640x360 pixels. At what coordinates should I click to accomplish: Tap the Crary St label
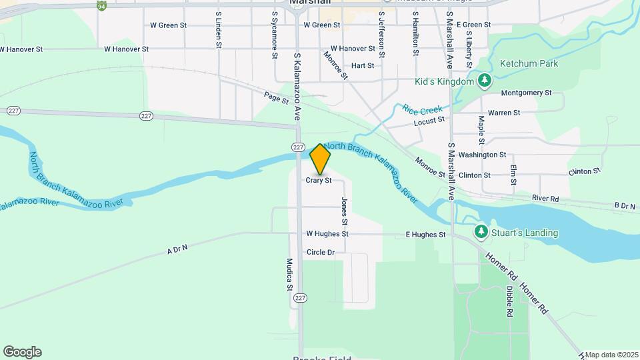pos(319,181)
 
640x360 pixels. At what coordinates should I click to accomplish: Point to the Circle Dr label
pos(320,252)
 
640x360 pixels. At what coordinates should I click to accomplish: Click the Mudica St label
pos(289,275)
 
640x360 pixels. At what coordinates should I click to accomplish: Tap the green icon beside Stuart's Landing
pos(481,231)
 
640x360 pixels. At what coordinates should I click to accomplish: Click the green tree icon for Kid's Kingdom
pos(485,82)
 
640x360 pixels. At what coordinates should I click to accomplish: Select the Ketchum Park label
pos(529,63)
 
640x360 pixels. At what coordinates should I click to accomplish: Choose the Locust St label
pos(429,121)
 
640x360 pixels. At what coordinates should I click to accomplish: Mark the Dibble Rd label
pos(509,301)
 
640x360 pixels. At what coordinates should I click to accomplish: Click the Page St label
pos(276,98)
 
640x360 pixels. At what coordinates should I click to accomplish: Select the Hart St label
pos(362,65)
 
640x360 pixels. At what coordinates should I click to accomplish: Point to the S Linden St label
pos(218,29)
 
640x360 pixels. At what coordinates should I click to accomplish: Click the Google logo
pos(22,352)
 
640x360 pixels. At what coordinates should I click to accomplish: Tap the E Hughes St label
pos(425,235)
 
